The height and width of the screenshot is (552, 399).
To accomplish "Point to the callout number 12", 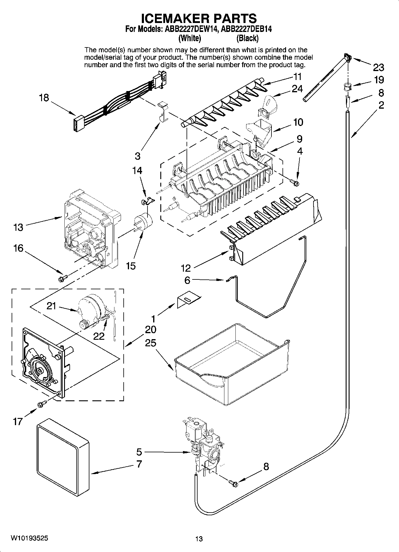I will point(185,268).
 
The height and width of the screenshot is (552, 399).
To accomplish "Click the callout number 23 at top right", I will point(378,67).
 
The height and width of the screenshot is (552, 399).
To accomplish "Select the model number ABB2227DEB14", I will point(247,29).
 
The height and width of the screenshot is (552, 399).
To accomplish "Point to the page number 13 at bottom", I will point(199,539).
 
